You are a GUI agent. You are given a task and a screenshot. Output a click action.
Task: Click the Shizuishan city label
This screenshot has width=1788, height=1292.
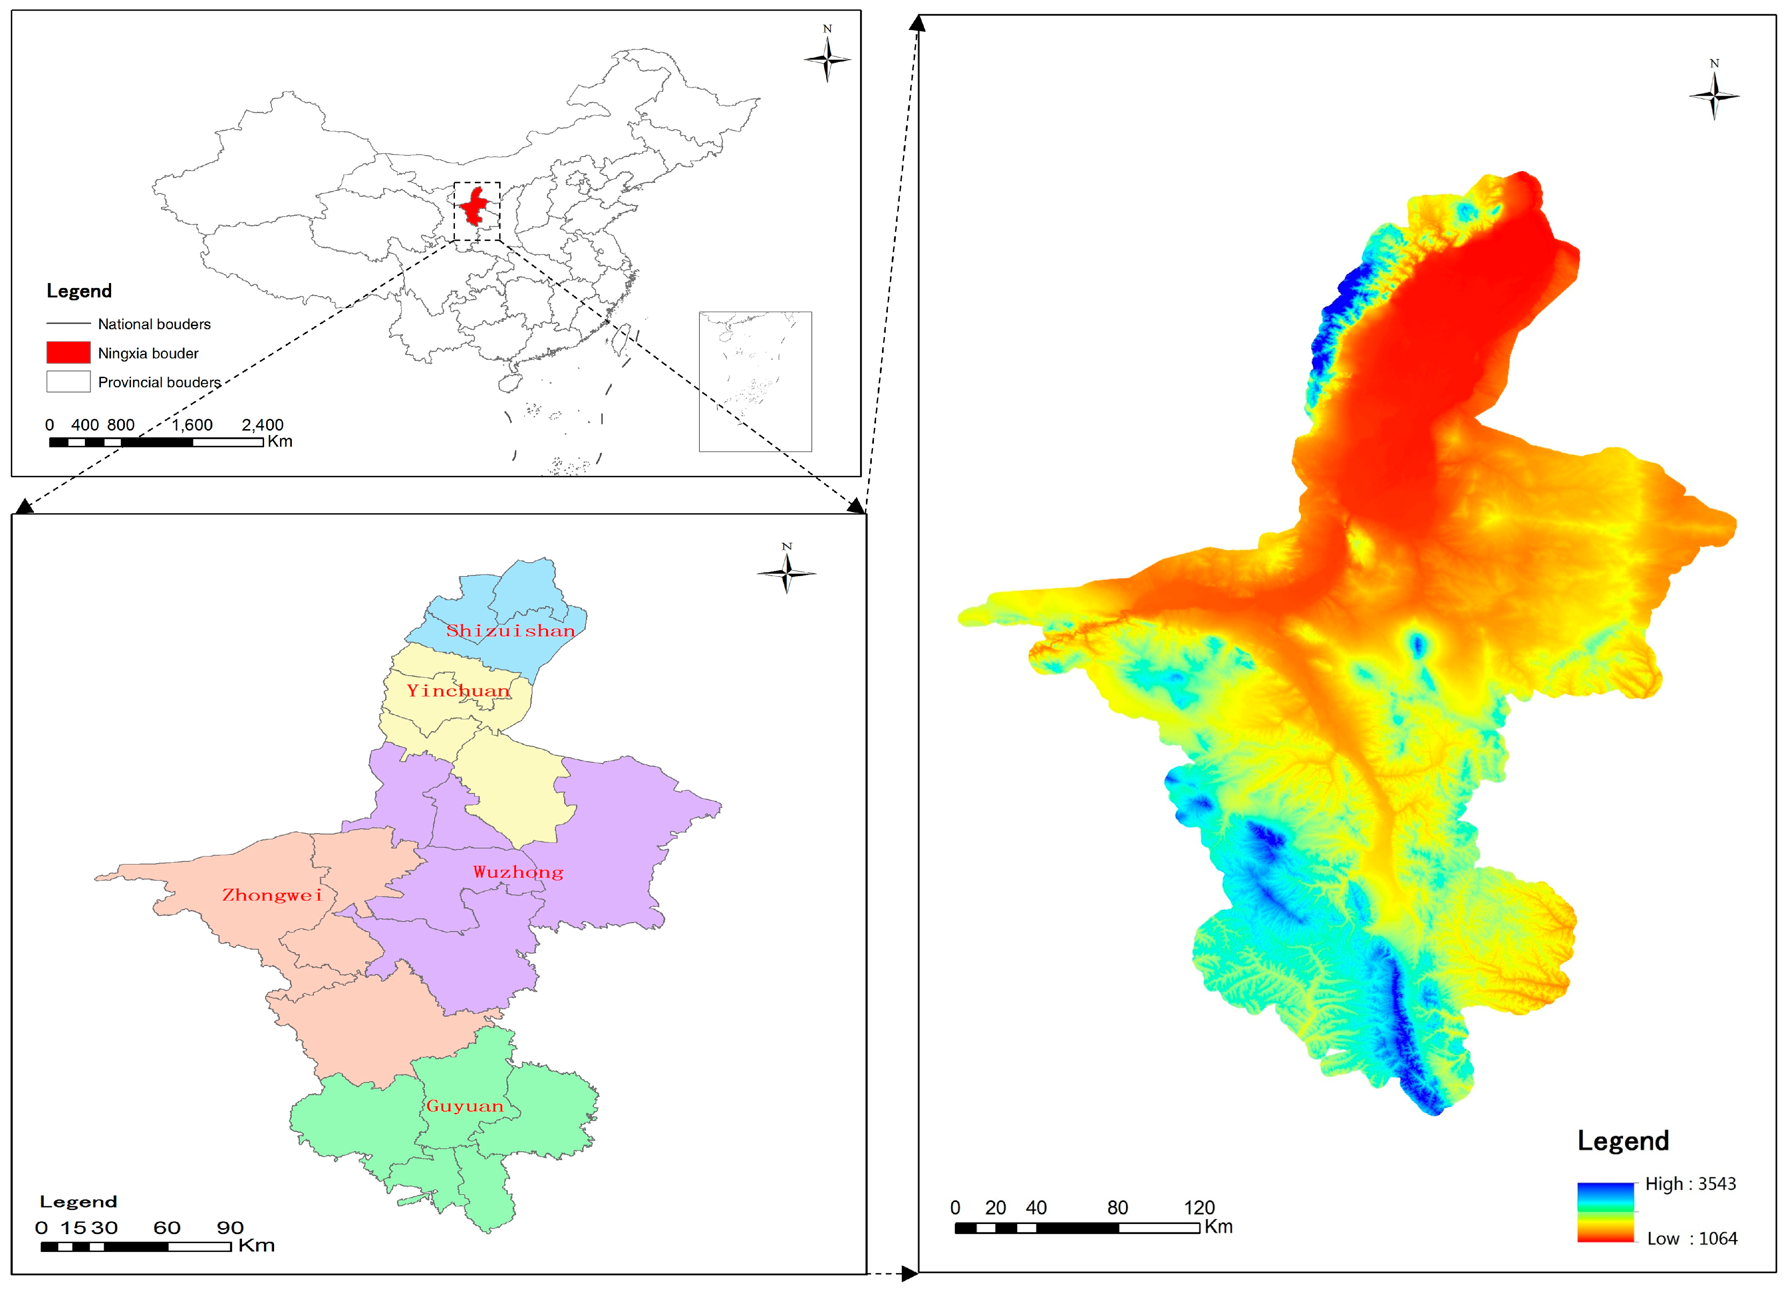510,631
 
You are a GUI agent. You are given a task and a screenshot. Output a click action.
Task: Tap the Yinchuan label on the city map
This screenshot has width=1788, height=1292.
458,691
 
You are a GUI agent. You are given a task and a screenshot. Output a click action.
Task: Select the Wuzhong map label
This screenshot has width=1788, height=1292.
518,872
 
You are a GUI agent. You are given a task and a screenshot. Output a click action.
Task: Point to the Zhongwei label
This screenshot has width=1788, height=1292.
272,895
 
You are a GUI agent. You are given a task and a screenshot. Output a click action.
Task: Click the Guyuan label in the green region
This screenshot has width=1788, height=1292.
464,1106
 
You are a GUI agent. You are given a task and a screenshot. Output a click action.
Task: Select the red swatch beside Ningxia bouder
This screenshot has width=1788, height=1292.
68,352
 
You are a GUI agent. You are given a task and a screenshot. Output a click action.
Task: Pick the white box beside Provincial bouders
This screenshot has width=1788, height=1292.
68,381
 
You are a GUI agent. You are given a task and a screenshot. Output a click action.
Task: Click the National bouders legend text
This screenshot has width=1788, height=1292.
155,324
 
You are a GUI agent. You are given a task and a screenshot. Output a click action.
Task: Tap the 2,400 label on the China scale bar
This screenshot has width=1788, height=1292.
263,425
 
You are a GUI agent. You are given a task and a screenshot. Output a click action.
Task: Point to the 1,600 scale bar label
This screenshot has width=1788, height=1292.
192,425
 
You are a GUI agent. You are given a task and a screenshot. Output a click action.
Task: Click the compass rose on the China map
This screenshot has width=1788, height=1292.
827,58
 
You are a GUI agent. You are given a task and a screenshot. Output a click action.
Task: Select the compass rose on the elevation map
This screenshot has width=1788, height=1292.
1714,95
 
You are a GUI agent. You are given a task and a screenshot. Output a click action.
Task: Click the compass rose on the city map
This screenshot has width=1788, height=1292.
786,572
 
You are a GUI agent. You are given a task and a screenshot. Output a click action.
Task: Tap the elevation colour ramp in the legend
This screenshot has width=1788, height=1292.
1606,1212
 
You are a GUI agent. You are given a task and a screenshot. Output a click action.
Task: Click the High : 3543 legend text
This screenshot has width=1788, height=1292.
1690,1184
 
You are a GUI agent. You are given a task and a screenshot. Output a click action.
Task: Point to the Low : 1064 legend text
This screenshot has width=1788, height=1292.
1692,1238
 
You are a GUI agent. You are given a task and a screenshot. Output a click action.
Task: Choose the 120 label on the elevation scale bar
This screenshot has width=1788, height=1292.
1199,1208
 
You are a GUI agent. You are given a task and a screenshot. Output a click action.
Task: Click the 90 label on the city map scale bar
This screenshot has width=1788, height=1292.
230,1227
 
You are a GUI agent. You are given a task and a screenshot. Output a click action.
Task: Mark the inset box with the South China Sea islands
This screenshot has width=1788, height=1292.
755,381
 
